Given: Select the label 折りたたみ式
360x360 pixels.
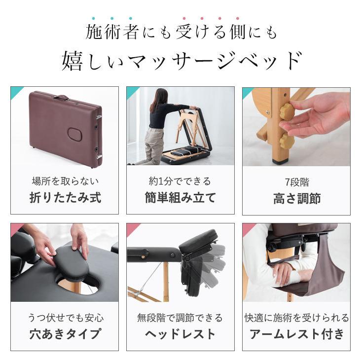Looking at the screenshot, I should (x=65, y=198).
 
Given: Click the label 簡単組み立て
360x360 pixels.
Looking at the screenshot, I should (x=180, y=198).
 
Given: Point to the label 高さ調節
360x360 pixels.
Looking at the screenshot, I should (x=296, y=198).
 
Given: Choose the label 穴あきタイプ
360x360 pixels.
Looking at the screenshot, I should (x=65, y=334).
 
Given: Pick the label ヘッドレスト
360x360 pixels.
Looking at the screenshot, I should (x=180, y=334).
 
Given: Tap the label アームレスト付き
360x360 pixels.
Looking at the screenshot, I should (x=296, y=334).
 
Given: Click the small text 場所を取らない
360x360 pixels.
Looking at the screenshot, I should (x=65, y=181).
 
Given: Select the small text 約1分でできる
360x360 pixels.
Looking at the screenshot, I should (x=180, y=181).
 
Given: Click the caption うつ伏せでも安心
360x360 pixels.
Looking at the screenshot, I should (x=65, y=317).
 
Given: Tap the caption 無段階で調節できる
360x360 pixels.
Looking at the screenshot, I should (x=180, y=317).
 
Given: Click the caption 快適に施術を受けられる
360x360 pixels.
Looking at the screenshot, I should (x=296, y=317).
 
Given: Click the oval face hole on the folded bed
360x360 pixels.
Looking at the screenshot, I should (x=74, y=134).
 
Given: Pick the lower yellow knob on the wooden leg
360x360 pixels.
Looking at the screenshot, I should (x=287, y=142).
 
